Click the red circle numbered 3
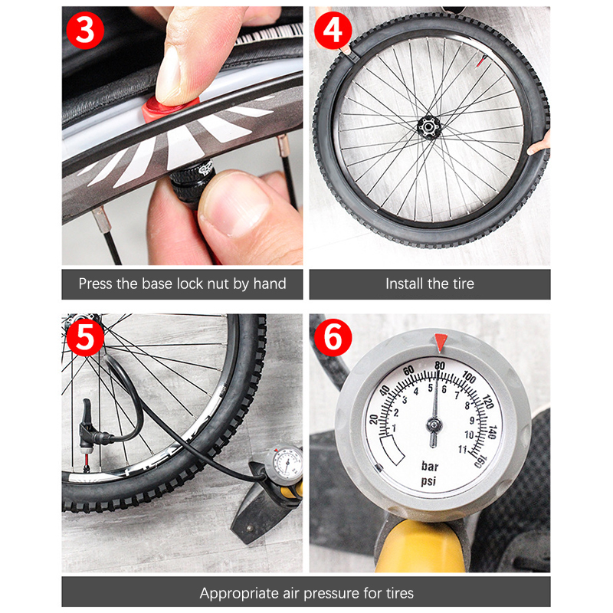(x=85, y=30)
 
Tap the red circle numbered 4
(x=333, y=30)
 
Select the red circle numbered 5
(x=85, y=337)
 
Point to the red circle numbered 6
(x=333, y=337)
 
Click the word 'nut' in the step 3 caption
(x=218, y=284)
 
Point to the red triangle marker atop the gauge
(x=441, y=342)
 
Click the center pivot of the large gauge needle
(x=434, y=425)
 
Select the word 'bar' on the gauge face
(x=430, y=467)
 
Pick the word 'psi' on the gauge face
(x=428, y=481)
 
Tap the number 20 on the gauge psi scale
(x=374, y=419)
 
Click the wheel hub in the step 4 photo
(x=429, y=127)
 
